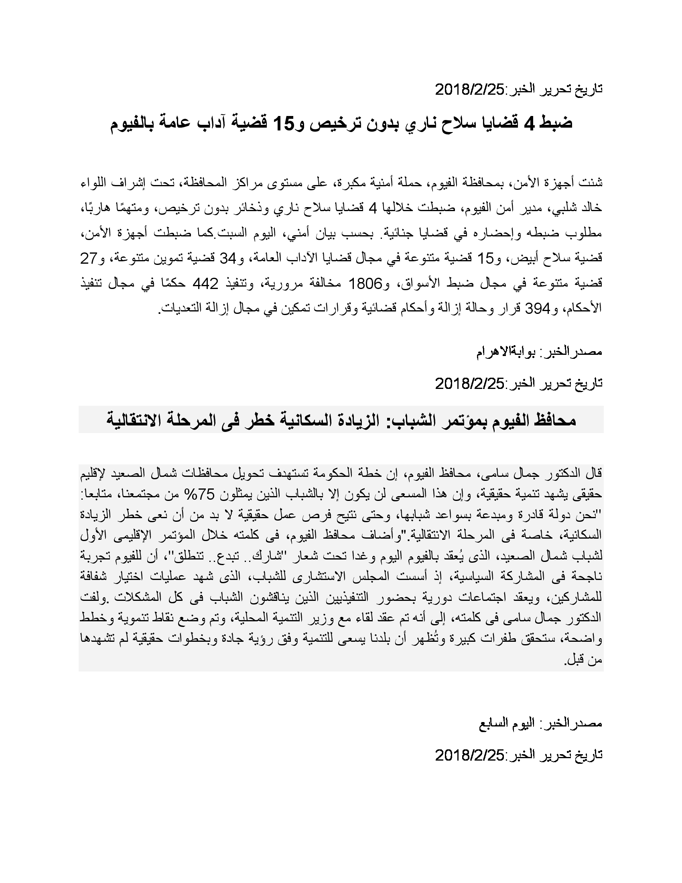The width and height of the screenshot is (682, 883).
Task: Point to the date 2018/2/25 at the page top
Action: pos(470,90)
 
